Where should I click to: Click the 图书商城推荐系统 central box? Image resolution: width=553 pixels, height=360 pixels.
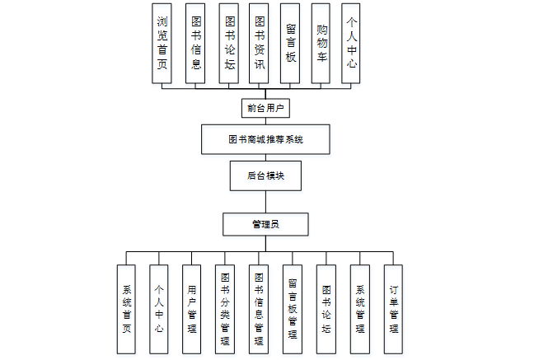click(265, 139)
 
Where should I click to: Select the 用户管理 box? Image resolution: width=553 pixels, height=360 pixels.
click(192, 309)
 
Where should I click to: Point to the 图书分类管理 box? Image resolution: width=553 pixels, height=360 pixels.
click(225, 309)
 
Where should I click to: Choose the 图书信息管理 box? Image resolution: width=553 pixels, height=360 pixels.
click(259, 309)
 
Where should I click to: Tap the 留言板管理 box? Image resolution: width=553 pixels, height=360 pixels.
click(293, 309)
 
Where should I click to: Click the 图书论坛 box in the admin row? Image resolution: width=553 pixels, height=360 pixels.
click(326, 309)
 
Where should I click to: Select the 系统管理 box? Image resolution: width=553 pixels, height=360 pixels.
click(360, 309)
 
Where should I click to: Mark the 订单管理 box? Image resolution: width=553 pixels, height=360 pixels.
click(394, 309)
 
